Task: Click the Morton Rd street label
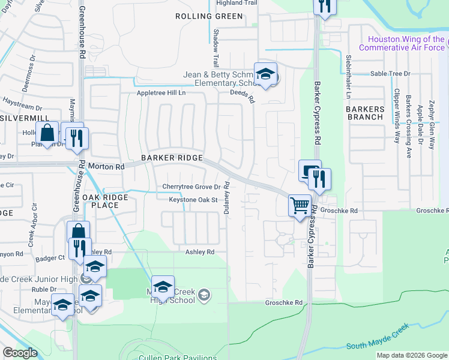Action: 106,166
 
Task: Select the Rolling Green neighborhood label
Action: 202,16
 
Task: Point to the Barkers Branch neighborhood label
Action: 365,113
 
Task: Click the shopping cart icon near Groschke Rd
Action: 300,206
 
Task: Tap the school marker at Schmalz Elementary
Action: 265,74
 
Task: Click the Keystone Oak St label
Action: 192,200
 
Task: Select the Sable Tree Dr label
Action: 390,73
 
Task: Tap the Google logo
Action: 20,353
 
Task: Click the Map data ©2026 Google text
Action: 411,355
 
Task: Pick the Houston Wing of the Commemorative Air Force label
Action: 403,43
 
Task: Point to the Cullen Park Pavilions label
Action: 178,358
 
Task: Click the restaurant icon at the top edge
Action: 324,7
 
